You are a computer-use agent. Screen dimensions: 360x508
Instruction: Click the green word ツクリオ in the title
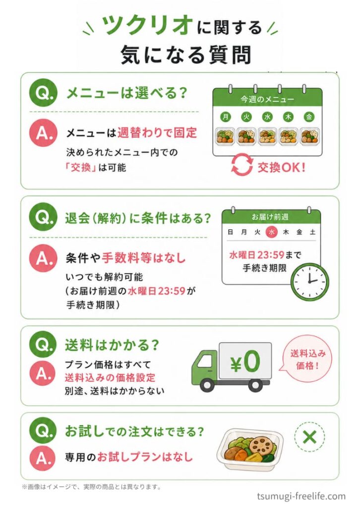[147, 26]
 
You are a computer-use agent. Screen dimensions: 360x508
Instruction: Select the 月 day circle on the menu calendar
[226, 117]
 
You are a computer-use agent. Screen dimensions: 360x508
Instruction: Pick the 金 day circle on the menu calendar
[309, 117]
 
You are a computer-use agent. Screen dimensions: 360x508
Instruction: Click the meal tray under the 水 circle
[267, 136]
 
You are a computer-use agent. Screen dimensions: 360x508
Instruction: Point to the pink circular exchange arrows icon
[241, 165]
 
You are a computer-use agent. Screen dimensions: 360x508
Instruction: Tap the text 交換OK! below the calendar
[281, 167]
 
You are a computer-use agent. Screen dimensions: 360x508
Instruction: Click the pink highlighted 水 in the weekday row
[272, 232]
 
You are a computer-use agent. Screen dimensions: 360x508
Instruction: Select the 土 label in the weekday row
[312, 232]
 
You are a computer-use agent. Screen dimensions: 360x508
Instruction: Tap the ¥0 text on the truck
[245, 361]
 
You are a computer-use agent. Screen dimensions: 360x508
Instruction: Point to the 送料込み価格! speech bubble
[307, 359]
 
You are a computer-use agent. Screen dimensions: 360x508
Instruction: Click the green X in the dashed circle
[310, 437]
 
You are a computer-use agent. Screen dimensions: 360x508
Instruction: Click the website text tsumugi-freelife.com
[301, 497]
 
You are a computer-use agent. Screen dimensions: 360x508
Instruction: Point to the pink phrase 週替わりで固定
[157, 132]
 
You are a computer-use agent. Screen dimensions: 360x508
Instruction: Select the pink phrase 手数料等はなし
[144, 258]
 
